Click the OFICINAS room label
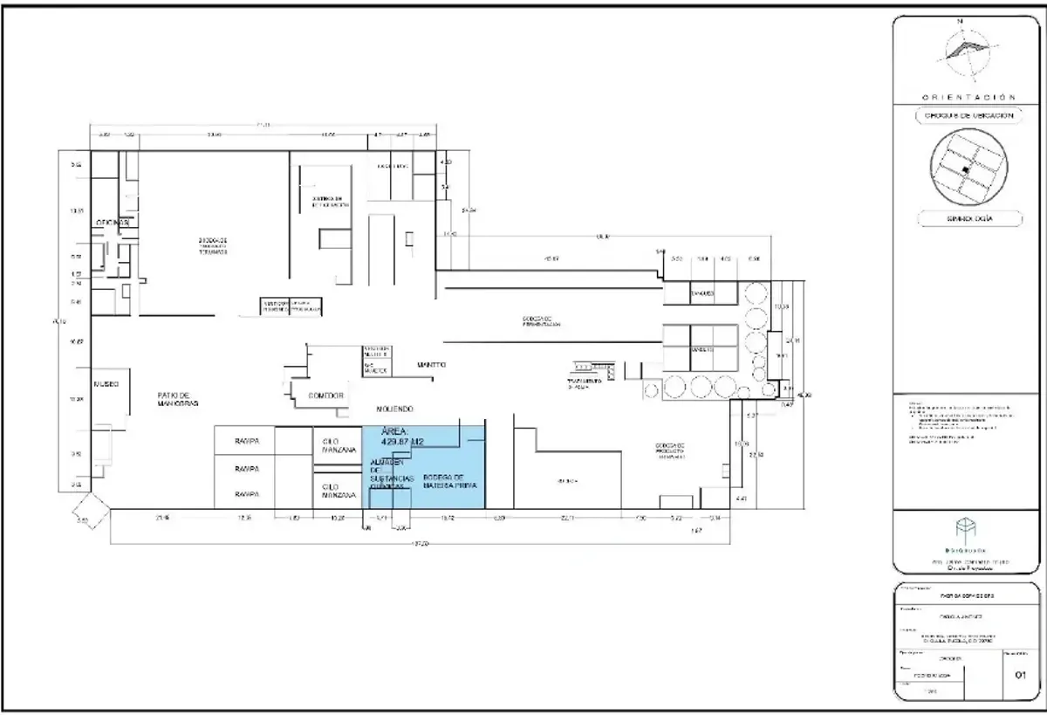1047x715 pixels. tap(113, 223)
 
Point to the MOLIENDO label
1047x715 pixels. tap(394, 409)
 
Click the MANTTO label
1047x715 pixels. tap(431, 365)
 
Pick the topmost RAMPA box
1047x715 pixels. tap(245, 442)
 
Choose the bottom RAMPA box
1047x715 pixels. tap(245, 494)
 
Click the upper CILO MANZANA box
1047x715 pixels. tap(337, 445)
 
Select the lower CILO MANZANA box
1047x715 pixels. tap(337, 491)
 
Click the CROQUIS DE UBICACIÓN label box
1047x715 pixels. tap(968, 116)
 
